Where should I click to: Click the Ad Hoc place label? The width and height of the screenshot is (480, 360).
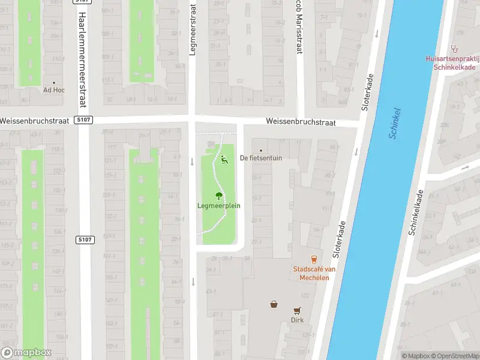(54, 91)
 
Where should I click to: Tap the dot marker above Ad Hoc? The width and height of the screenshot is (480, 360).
(54, 83)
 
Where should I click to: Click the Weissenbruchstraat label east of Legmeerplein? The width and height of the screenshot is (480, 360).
(301, 122)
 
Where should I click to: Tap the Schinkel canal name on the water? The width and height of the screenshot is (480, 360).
(395, 123)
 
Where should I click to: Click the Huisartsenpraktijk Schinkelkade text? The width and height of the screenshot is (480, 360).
(451, 63)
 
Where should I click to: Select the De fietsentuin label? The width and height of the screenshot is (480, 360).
(260, 158)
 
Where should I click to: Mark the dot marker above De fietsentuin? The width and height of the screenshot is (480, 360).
(260, 151)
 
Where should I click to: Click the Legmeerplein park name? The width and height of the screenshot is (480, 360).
(219, 206)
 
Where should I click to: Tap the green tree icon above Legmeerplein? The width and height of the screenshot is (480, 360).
(219, 195)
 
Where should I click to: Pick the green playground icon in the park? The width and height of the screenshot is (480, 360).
(224, 160)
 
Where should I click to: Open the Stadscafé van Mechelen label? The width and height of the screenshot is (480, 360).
(314, 274)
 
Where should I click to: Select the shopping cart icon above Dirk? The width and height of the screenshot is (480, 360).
(297, 310)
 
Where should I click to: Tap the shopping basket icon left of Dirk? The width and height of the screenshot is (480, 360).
(274, 304)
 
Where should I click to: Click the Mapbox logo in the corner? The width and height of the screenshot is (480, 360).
(27, 353)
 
